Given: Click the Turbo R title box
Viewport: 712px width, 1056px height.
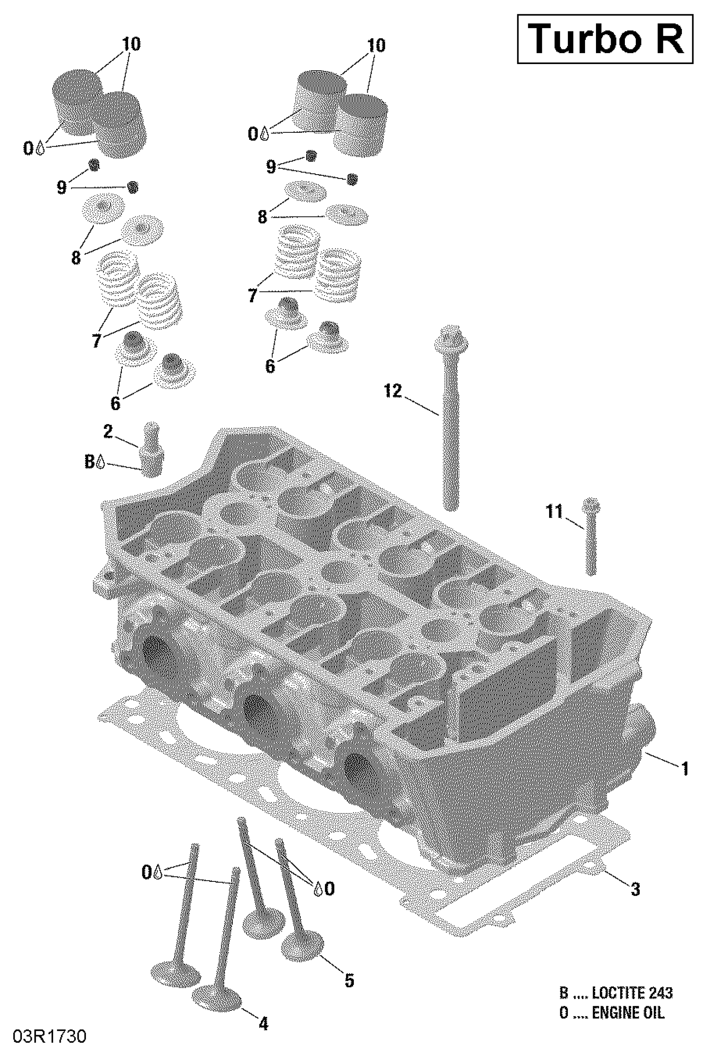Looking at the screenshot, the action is pos(605,39).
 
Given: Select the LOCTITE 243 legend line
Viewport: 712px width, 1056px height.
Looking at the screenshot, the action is pos(615,993).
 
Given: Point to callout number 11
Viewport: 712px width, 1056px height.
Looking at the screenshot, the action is pos(554,512).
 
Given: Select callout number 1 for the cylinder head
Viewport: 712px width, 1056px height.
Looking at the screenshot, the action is pos(684,769).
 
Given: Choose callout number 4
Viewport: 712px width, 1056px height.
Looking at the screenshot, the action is pos(263,1023).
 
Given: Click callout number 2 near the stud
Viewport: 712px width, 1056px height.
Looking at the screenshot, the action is pos(108,431).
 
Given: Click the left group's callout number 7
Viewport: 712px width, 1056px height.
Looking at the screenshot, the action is pos(96,340).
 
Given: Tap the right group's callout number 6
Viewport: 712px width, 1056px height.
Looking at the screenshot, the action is pos(270,366).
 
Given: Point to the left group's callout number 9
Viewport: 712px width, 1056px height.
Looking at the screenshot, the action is pos(62,187).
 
